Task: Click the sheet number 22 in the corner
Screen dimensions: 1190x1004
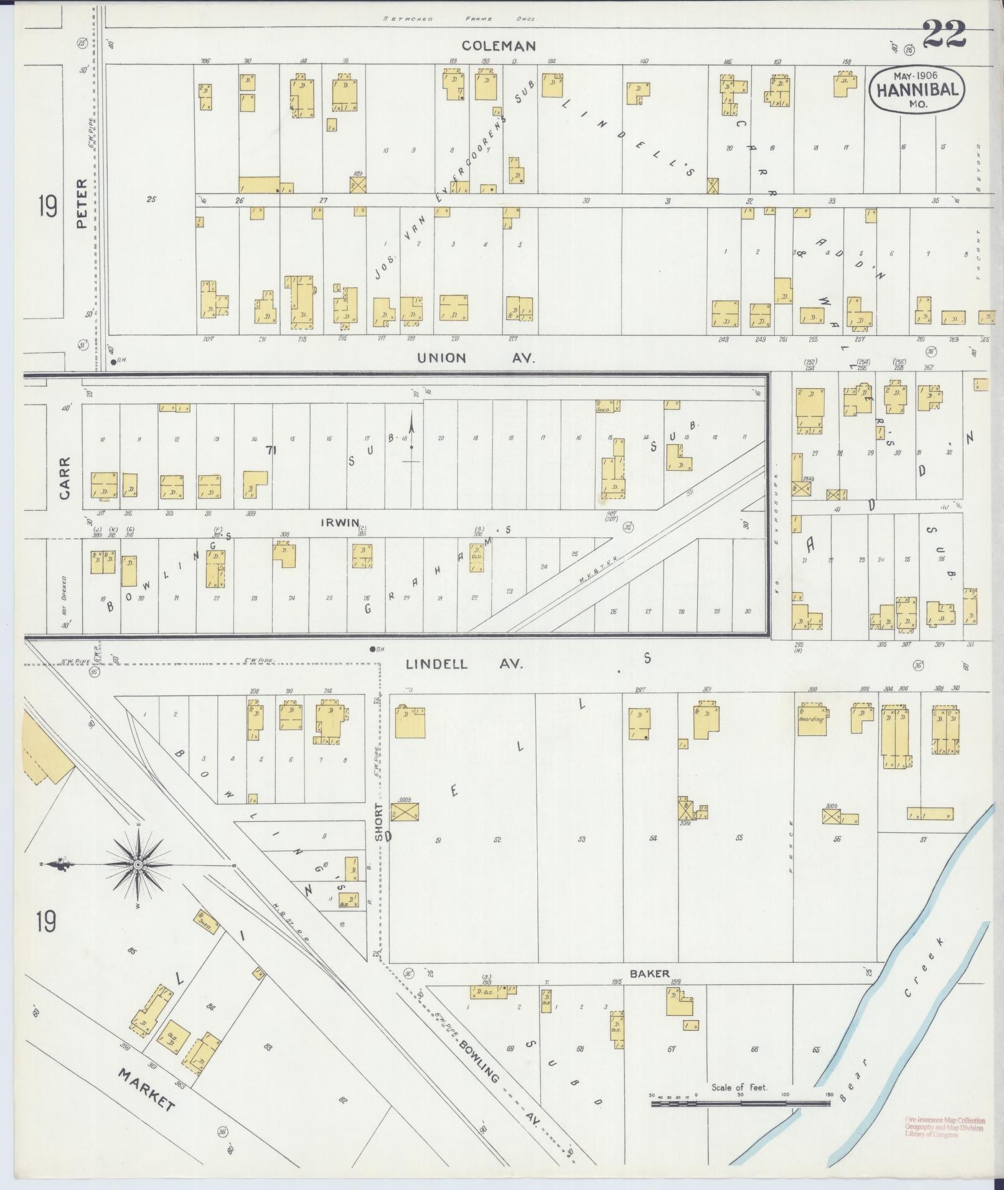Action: (944, 34)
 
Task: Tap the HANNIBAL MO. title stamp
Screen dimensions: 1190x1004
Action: (917, 90)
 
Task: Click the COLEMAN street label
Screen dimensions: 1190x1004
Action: (499, 45)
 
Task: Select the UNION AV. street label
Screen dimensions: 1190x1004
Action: (476, 358)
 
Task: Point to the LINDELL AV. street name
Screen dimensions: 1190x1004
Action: (464, 664)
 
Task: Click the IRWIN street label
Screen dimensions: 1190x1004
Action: (339, 523)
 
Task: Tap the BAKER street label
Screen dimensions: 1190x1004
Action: (649, 974)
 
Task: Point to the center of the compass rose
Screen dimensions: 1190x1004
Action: (138, 865)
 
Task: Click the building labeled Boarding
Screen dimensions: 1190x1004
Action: (811, 720)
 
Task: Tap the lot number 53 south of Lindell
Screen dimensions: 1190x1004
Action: (581, 839)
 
